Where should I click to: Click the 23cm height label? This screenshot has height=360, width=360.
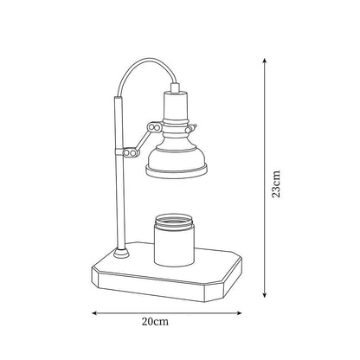pyautogui.click(x=276, y=183)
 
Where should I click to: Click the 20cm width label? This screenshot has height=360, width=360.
pyautogui.click(x=155, y=321)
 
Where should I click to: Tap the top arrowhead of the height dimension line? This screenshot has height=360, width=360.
pyautogui.click(x=264, y=61)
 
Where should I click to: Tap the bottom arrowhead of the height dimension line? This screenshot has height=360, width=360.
pyautogui.click(x=264, y=294)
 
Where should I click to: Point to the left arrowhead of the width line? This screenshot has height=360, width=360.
pyautogui.click(x=94, y=313)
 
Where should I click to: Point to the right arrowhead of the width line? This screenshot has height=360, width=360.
pyautogui.click(x=239, y=313)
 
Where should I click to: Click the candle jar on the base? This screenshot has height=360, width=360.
pyautogui.click(x=173, y=240)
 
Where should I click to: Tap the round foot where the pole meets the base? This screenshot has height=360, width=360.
pyautogui.click(x=121, y=253)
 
